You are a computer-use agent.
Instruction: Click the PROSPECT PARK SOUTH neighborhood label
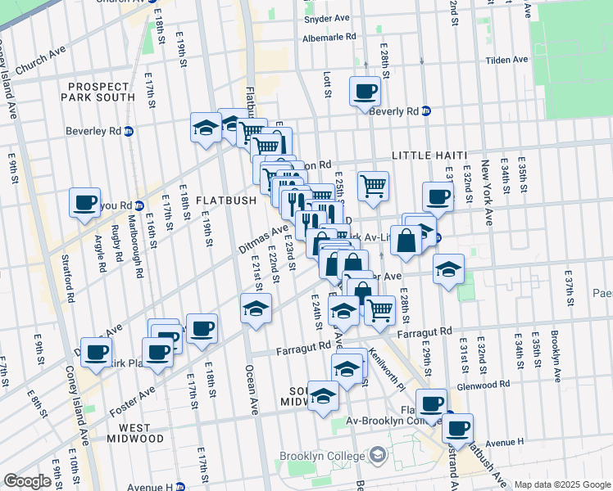coord(99,92)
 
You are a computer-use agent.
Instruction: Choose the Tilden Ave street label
coord(508,60)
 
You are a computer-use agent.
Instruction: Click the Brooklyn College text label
coord(320,456)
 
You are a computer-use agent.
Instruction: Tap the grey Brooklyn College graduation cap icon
coord(378,454)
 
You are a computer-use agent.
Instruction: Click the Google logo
coord(27,481)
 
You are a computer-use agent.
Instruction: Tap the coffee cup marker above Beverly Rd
coord(364,92)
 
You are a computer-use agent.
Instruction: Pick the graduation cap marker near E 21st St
coord(257,309)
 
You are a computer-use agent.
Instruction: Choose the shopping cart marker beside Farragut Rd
coord(380,310)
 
